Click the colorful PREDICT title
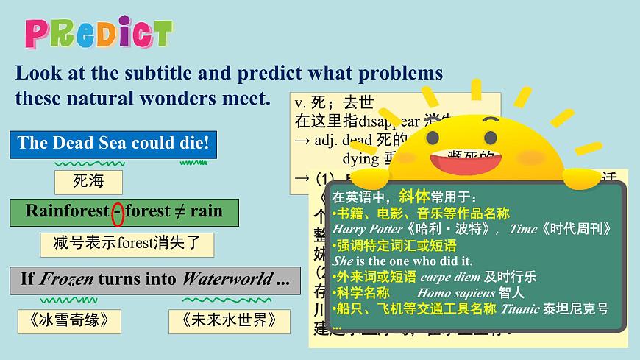click(x=99, y=33)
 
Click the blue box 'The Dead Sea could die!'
click(x=113, y=144)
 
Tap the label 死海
click(x=88, y=182)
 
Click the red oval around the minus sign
click(x=117, y=212)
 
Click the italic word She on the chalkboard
click(x=344, y=261)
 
